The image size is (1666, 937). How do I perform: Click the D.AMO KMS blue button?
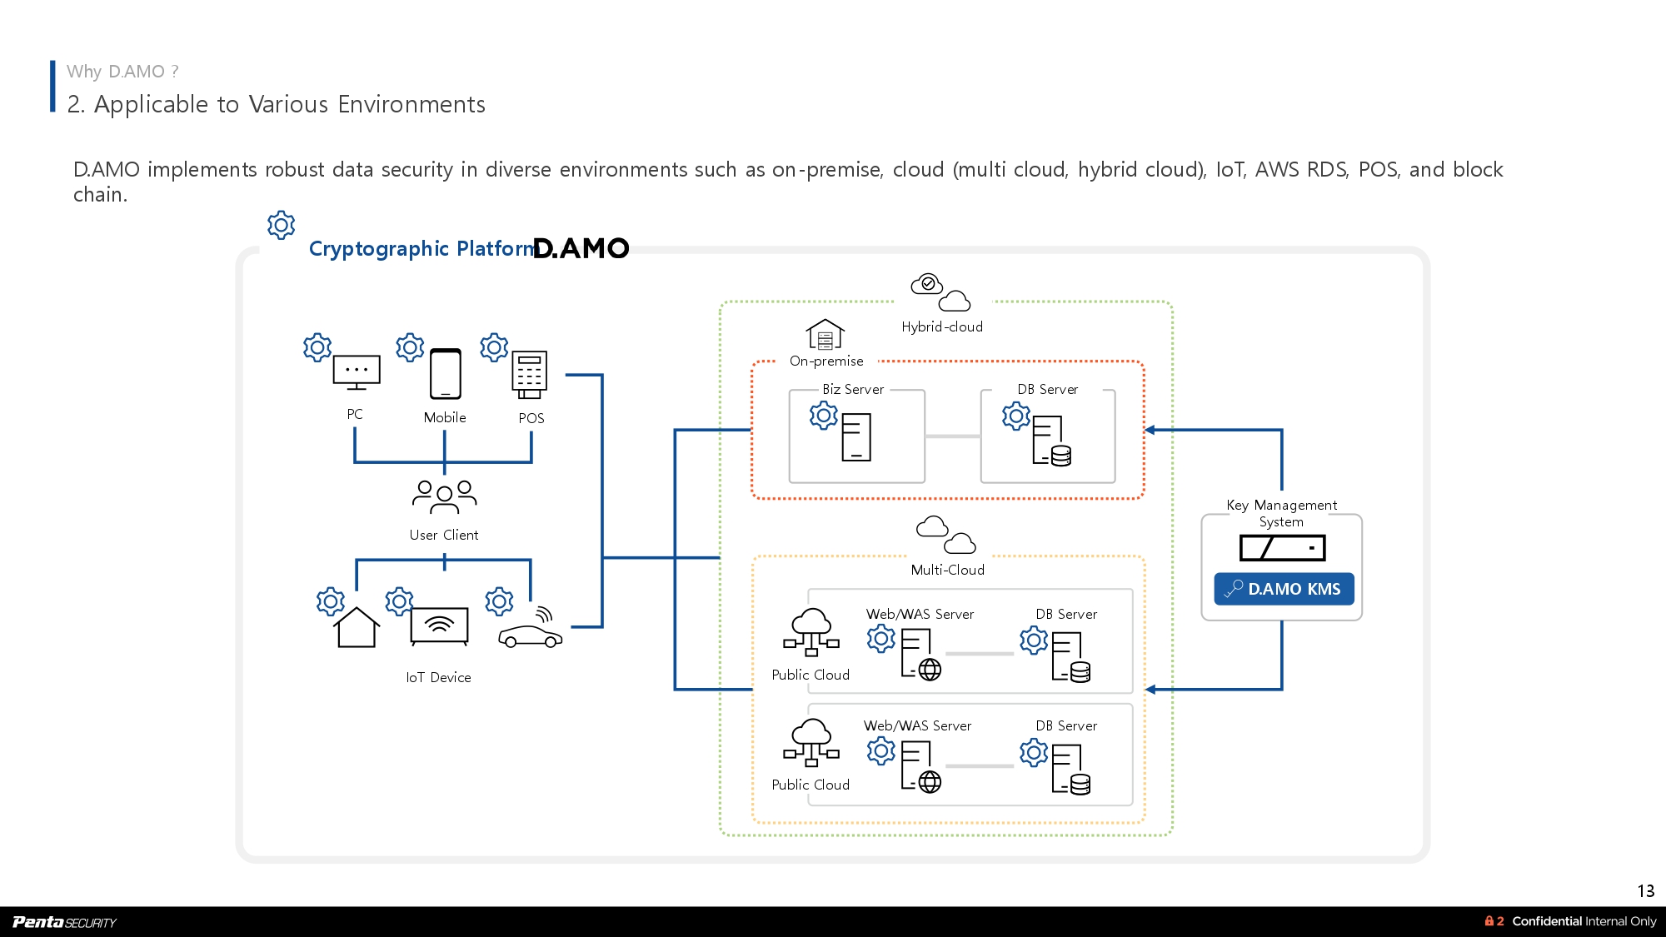pyautogui.click(x=1284, y=589)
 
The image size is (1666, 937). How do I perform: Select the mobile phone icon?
pyautogui.click(x=446, y=374)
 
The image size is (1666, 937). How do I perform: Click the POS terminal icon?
pyautogui.click(x=530, y=375)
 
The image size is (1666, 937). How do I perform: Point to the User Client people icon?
pyautogui.click(x=444, y=496)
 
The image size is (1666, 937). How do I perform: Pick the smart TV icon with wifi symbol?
pyautogui.click(x=439, y=625)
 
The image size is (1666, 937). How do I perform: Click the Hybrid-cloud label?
pyautogui.click(x=942, y=327)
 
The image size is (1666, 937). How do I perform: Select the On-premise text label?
pyautogui.click(x=826, y=361)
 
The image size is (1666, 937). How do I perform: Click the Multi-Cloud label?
pyautogui.click(x=947, y=571)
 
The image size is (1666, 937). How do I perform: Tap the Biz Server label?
pyautogui.click(x=853, y=390)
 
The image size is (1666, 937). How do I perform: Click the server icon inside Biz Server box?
pyautogui.click(x=856, y=437)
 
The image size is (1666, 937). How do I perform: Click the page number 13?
pyautogui.click(x=1645, y=891)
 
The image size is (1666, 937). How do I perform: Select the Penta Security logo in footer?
pyautogui.click(x=64, y=922)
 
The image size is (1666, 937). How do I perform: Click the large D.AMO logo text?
pyautogui.click(x=581, y=248)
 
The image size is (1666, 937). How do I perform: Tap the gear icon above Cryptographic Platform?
pyautogui.click(x=282, y=225)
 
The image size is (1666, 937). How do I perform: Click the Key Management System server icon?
pyautogui.click(x=1282, y=548)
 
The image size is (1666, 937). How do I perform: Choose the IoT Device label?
pyautogui.click(x=438, y=678)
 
